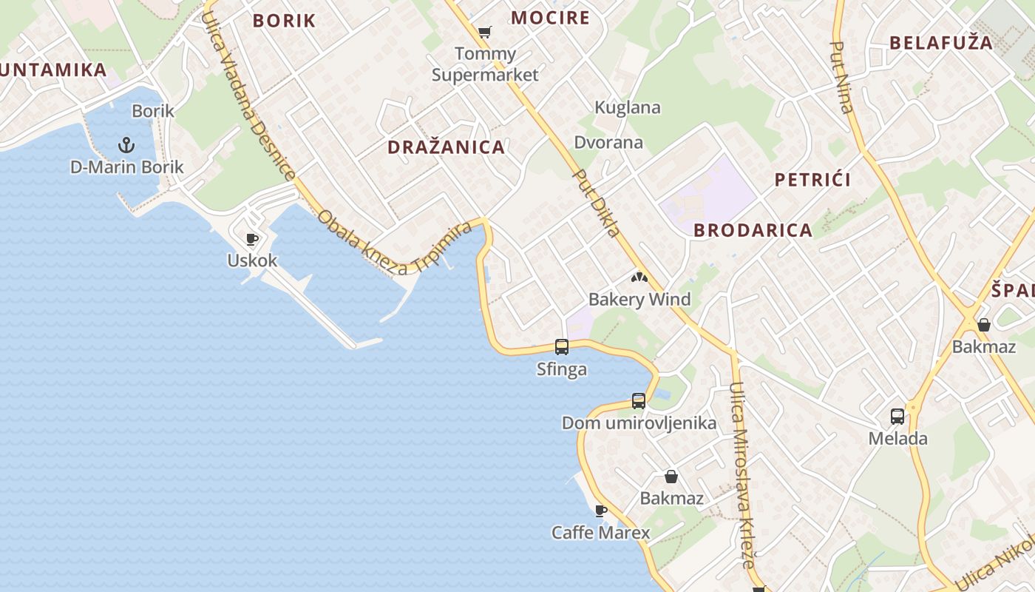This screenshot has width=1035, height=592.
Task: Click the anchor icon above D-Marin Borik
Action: click(126, 144)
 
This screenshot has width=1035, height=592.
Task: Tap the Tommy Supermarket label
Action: click(485, 64)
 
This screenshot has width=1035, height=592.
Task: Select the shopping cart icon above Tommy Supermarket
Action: click(484, 32)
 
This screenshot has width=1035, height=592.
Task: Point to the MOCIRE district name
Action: click(551, 18)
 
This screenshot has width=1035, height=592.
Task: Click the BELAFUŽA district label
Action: click(941, 42)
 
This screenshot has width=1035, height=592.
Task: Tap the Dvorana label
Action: click(608, 142)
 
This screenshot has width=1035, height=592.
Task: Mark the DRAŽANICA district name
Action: click(447, 147)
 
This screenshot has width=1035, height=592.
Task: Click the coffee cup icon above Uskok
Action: click(251, 239)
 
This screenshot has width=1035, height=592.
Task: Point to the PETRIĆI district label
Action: click(812, 179)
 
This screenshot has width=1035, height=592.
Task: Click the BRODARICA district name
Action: click(753, 230)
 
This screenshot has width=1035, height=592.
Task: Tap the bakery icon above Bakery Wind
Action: click(639, 278)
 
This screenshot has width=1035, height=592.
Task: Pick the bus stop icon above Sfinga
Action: click(562, 346)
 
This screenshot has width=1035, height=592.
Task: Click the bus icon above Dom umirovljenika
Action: click(639, 401)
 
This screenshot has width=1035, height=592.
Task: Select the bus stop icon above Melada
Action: click(897, 417)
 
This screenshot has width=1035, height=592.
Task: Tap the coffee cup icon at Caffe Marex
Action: click(601, 511)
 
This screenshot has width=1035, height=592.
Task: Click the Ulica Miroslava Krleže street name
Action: click(742, 474)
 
